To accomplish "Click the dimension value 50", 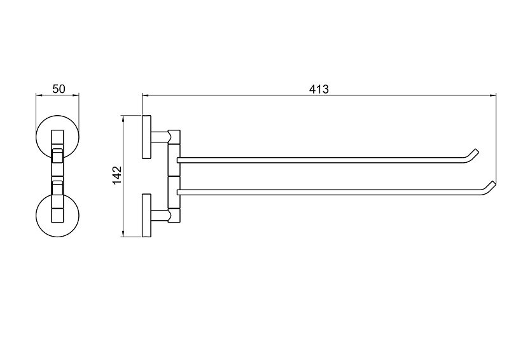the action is [59, 88].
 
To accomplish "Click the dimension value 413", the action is [319, 89].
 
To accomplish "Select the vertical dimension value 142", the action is [117, 176].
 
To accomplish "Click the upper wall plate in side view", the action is [146, 137].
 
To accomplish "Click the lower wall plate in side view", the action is [146, 216].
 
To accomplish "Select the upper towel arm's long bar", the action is [321, 160].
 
